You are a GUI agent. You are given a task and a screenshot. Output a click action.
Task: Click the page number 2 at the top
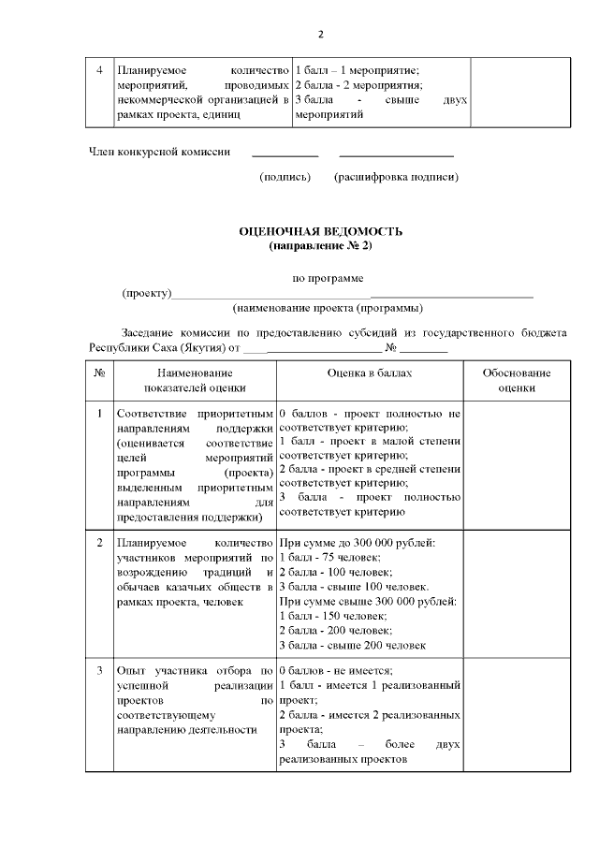[321, 35]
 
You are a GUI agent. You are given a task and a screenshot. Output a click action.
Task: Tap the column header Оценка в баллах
[369, 373]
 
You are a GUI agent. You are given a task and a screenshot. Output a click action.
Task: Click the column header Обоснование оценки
[516, 380]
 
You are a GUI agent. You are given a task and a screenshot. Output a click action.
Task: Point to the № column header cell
[99, 373]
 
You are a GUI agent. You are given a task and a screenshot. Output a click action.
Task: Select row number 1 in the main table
[99, 413]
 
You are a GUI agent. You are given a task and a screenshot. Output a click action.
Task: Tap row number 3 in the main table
[99, 671]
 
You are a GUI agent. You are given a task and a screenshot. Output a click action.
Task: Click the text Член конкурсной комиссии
[159, 152]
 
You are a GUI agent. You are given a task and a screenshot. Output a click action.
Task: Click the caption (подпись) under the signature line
[285, 177]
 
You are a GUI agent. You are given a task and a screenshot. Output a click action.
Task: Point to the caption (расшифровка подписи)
[396, 177]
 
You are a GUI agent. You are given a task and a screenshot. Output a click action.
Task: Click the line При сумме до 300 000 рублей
[357, 543]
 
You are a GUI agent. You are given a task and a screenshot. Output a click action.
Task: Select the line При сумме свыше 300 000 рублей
[367, 601]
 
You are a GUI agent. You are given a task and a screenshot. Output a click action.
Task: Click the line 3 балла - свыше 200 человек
[352, 645]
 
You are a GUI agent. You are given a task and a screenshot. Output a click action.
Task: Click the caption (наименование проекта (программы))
[328, 307]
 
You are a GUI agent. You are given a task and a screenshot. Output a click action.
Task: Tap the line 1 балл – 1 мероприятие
[357, 70]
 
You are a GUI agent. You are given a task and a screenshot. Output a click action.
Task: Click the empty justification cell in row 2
[516, 593]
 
